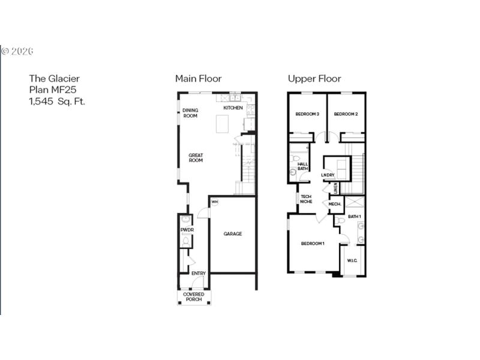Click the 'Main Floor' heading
click(198, 79)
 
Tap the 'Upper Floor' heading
click(314, 79)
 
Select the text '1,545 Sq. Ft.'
click(57, 101)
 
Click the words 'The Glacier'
click(54, 79)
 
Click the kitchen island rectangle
click(224, 124)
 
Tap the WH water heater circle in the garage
click(214, 202)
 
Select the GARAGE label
click(233, 234)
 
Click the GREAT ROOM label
click(196, 158)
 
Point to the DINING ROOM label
click(190, 113)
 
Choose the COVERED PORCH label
click(194, 296)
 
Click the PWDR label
click(186, 230)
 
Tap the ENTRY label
click(199, 274)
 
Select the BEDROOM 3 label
click(307, 114)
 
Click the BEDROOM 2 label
click(346, 114)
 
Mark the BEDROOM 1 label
click(313, 243)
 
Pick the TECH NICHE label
click(306, 199)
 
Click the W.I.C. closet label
click(352, 261)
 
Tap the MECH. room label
click(335, 205)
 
